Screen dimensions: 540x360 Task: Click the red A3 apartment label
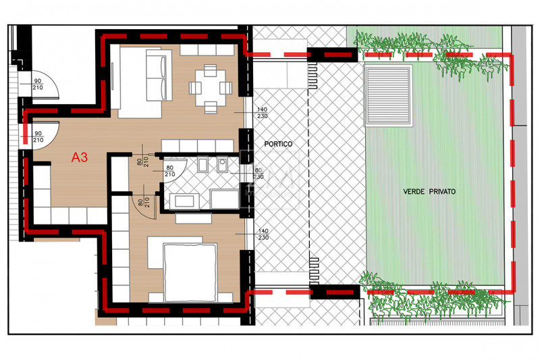click(80, 157)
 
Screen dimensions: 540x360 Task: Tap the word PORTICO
click(278, 144)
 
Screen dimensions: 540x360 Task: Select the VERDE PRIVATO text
click(429, 192)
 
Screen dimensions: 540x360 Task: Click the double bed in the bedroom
click(190, 272)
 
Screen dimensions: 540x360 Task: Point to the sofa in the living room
click(159, 75)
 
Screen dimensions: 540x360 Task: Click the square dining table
click(211, 88)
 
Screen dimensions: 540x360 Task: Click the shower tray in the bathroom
click(225, 199)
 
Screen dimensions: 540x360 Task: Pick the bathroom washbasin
click(184, 201)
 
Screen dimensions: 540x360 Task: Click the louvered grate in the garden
click(388, 95)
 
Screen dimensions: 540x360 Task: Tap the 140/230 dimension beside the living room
click(262, 113)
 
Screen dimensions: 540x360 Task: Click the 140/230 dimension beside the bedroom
click(263, 234)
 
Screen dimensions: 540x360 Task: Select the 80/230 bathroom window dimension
click(259, 174)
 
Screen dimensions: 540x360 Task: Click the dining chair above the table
click(211, 70)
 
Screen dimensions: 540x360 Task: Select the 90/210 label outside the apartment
click(38, 84)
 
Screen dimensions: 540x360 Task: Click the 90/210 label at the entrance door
click(38, 136)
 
